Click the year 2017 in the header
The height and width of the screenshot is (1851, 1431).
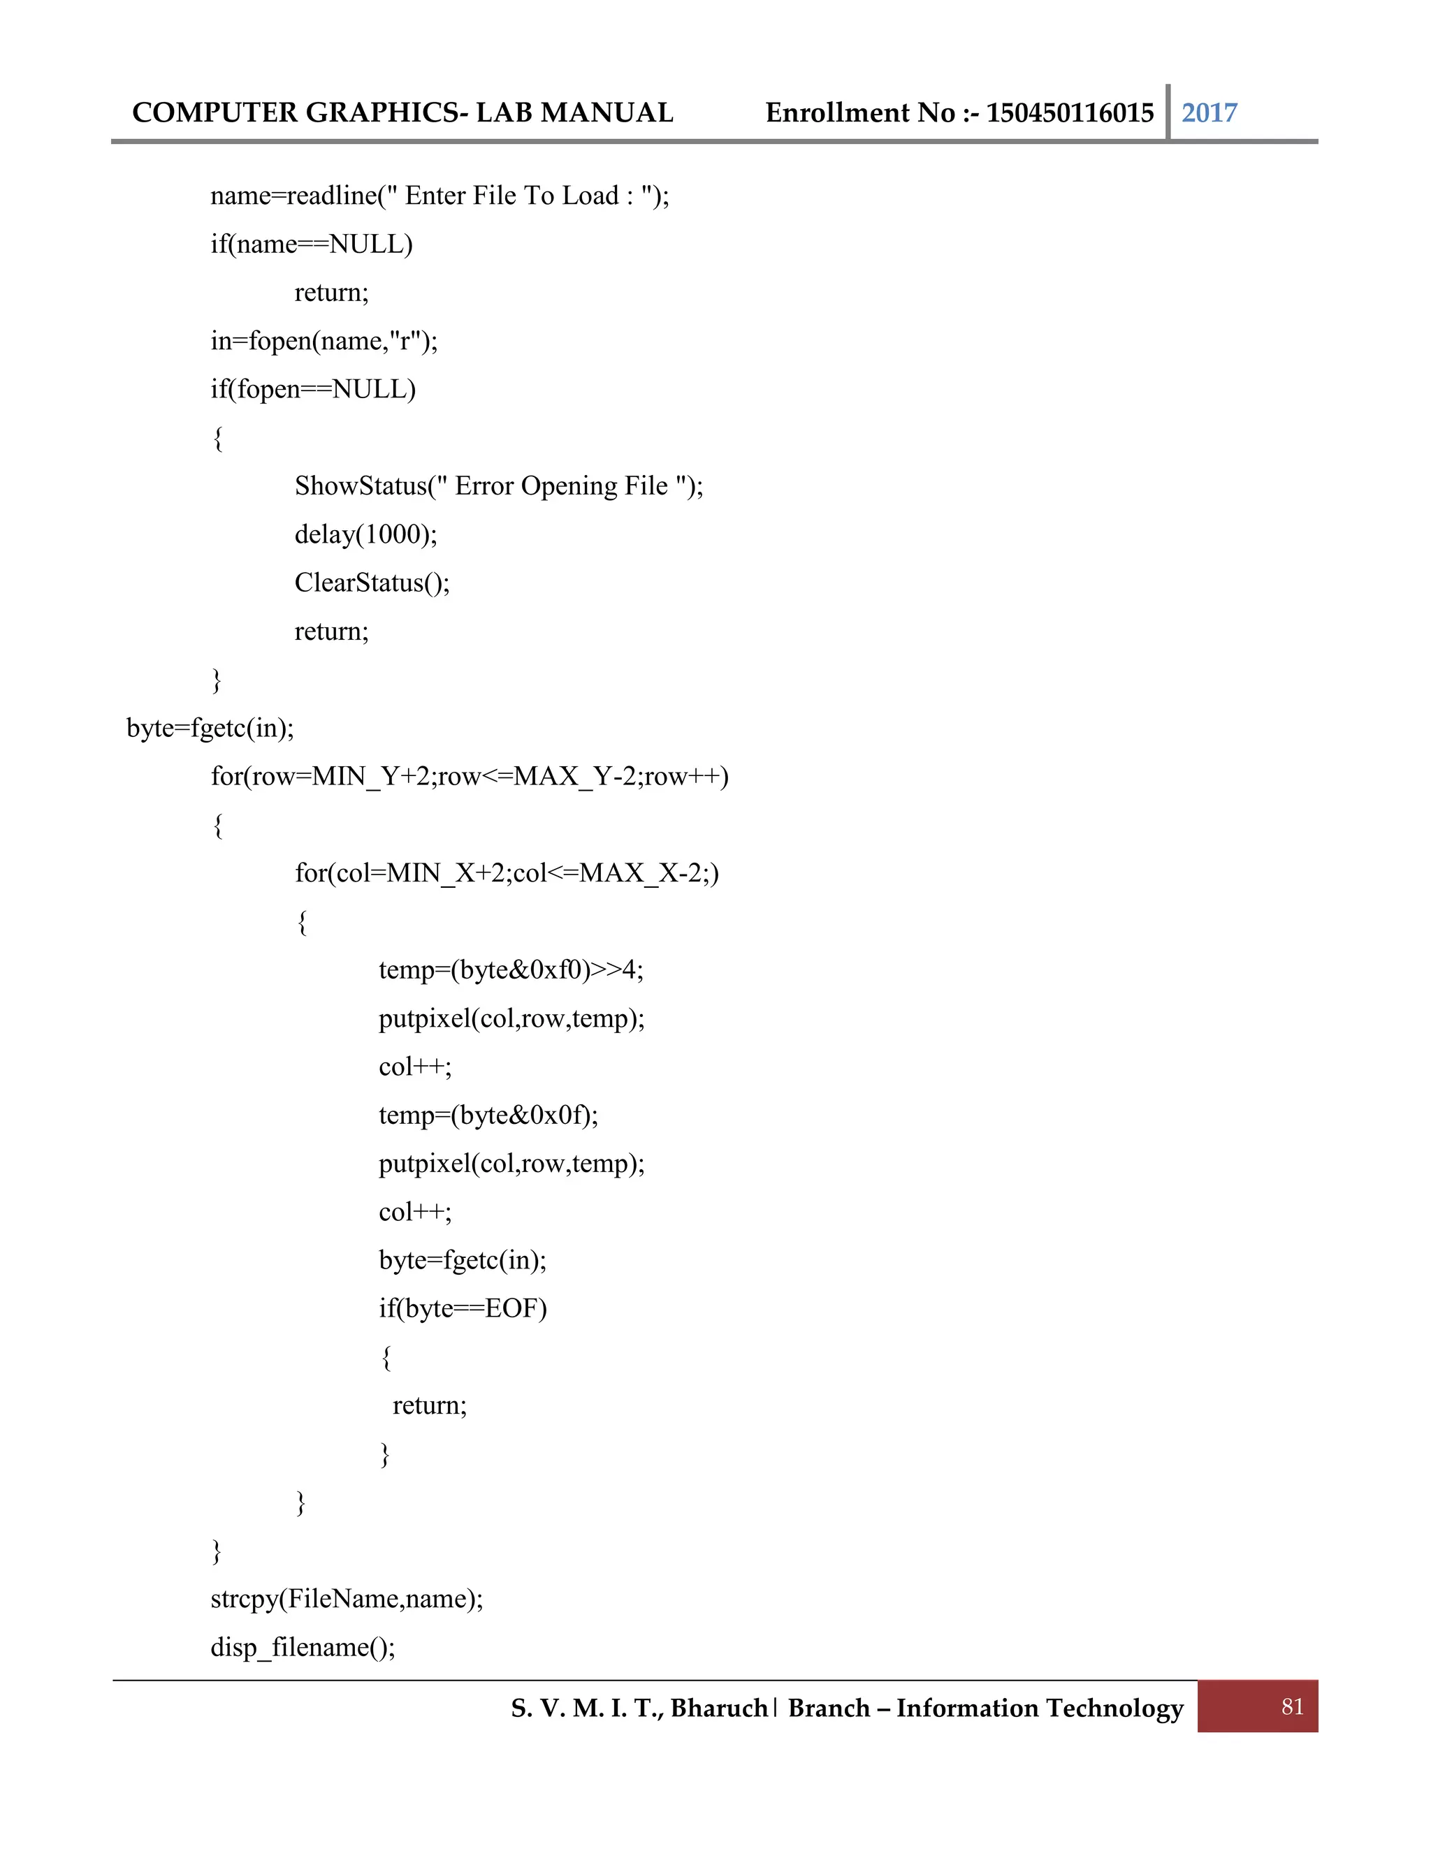[1209, 112]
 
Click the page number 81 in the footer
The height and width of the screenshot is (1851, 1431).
[1292, 1706]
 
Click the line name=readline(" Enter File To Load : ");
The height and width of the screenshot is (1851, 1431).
[439, 196]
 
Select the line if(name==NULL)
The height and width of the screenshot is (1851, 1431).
[311, 244]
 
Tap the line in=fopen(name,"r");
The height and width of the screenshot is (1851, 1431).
[324, 341]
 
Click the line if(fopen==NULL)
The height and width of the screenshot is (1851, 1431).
[313, 389]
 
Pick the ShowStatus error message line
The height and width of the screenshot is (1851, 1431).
[498, 485]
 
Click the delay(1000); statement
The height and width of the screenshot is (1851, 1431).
[365, 534]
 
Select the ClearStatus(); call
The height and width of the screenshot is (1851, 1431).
[371, 583]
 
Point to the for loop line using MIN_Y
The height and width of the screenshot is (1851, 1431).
[469, 776]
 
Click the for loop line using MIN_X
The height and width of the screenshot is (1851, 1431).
[506, 873]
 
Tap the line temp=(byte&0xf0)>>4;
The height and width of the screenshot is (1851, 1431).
[510, 970]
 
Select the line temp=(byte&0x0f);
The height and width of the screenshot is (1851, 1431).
[488, 1115]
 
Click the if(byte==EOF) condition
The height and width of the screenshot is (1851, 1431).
[462, 1308]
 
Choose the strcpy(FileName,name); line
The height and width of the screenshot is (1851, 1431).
[346, 1598]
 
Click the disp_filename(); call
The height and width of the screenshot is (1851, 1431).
[303, 1647]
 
